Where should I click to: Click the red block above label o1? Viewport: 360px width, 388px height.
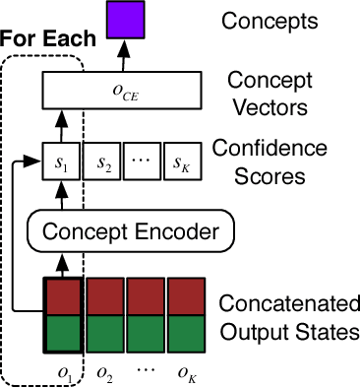[x=63, y=296]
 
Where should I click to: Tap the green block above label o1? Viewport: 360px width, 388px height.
[x=63, y=331]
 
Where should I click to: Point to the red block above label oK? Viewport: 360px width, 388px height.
[x=185, y=296]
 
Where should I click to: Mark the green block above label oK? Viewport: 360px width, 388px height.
[x=185, y=331]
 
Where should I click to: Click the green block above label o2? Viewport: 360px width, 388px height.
[x=104, y=331]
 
